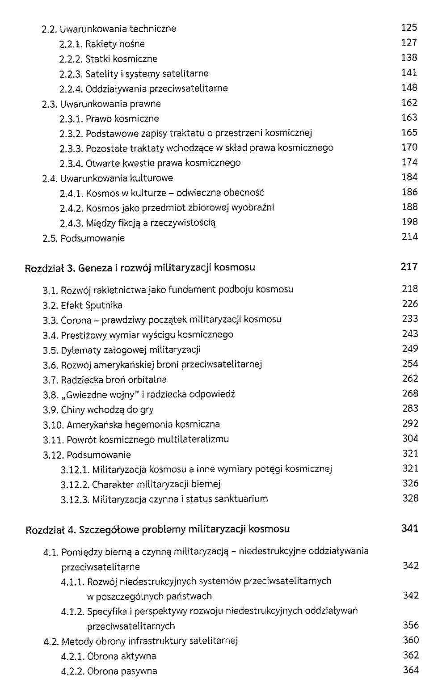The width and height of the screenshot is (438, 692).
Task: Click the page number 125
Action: tap(409, 28)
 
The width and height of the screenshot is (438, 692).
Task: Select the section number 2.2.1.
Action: tap(71, 44)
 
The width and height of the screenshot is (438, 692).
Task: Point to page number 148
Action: tap(409, 88)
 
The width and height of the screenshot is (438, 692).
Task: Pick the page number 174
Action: tap(409, 162)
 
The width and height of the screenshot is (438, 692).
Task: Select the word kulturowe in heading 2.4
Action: tap(151, 178)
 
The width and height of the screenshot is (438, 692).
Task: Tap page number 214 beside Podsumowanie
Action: tap(409, 237)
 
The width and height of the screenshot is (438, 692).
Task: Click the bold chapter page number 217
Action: tap(409, 267)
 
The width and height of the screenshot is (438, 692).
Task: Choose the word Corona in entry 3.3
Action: tap(76, 320)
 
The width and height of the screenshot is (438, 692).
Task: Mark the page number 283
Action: tap(410, 409)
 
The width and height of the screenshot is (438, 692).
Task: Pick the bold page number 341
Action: tap(410, 528)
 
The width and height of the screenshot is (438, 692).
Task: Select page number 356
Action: tap(410, 625)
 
